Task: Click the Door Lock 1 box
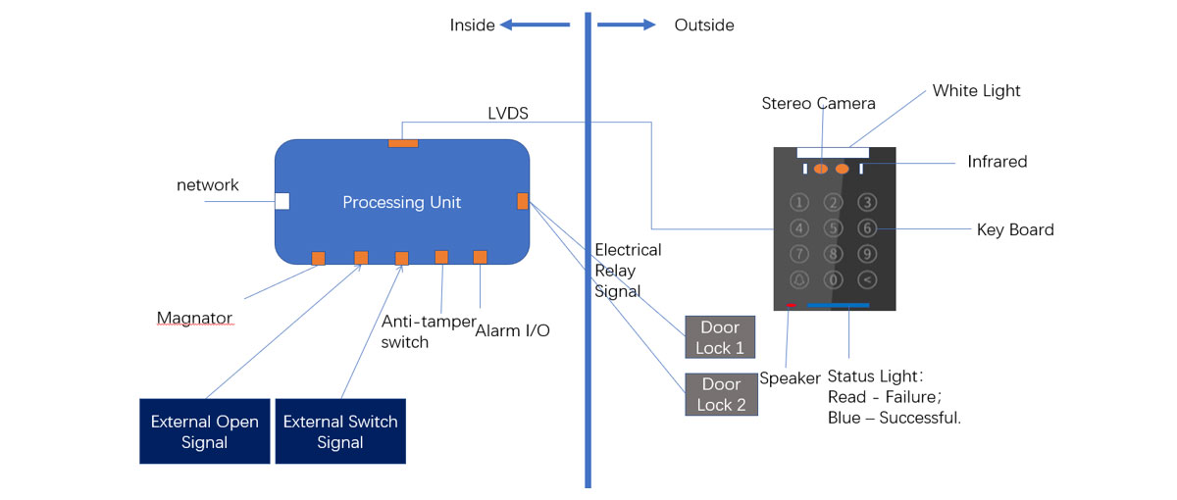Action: click(720, 337)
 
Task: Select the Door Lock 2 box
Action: click(721, 394)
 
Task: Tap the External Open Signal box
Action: click(204, 431)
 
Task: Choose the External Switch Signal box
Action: click(340, 431)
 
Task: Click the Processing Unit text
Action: click(401, 203)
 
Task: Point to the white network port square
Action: click(281, 201)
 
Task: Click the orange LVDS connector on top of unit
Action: click(403, 143)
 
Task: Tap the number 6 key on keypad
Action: click(866, 228)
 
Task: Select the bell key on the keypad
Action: click(800, 280)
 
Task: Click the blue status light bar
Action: click(838, 306)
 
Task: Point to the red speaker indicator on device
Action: click(791, 306)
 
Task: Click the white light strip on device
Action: click(833, 152)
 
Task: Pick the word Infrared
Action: click(997, 162)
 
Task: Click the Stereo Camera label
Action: click(818, 103)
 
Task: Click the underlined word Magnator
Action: click(196, 318)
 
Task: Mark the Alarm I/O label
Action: click(512, 330)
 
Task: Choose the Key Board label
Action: click(1015, 230)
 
